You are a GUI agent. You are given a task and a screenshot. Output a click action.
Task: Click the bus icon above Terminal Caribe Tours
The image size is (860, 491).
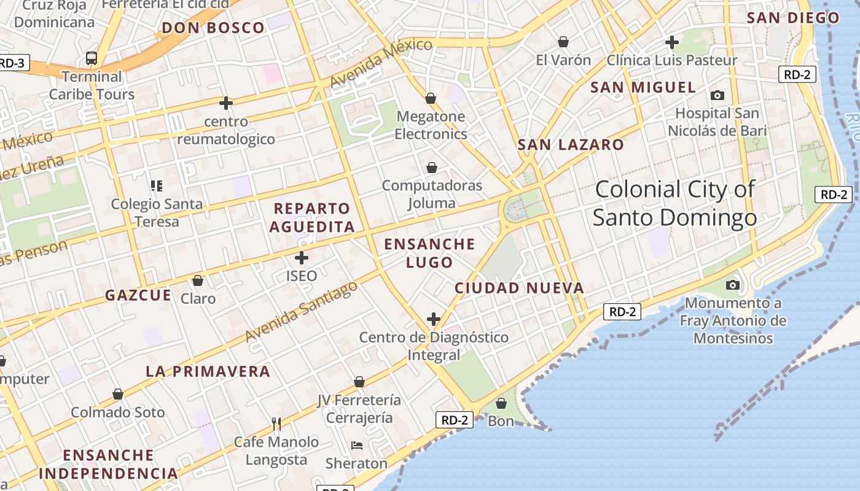click(x=92, y=58)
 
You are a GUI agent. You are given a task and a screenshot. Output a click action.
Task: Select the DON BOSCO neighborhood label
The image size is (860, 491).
click(x=213, y=28)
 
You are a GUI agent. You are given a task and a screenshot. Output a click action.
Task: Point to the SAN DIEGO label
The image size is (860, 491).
click(x=793, y=18)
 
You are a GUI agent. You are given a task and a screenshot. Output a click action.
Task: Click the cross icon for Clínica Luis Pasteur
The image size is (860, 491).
click(x=672, y=42)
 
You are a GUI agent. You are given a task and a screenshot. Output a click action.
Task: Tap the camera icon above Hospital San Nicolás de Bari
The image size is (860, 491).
click(x=717, y=95)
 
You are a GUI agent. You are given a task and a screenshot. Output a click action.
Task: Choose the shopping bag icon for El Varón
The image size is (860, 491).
click(x=563, y=42)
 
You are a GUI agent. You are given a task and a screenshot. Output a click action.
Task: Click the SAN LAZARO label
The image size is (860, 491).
click(x=571, y=145)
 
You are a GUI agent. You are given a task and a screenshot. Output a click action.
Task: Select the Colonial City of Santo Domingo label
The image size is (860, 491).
click(x=674, y=203)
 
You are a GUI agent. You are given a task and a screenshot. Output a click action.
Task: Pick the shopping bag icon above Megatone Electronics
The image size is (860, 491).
click(x=431, y=98)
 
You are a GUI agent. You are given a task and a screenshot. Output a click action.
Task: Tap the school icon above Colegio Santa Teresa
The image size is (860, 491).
click(x=156, y=185)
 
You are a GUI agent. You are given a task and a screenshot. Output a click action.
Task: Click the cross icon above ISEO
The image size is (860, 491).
click(x=302, y=258)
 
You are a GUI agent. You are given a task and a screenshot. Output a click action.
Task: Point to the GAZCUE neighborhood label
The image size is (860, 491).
click(x=138, y=295)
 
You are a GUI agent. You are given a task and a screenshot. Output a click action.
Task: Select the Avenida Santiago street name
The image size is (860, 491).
click(x=301, y=311)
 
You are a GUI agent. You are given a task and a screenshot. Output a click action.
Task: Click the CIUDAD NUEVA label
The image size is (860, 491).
click(x=519, y=288)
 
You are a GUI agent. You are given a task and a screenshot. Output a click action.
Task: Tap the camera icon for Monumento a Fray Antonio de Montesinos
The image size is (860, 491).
click(x=732, y=285)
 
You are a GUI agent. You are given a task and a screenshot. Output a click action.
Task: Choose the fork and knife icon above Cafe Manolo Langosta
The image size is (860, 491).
click(x=276, y=423)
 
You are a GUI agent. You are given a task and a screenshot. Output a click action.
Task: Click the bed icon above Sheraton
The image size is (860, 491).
click(x=356, y=445)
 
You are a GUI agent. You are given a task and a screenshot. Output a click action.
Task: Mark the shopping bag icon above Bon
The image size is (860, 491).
click(x=501, y=403)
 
